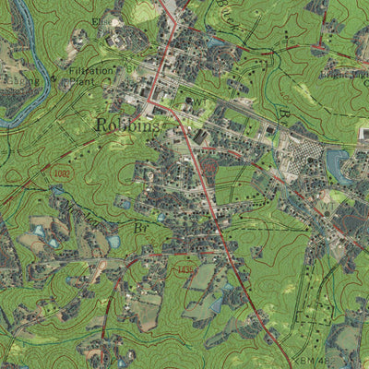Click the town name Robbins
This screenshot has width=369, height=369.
pyautogui.click(x=125, y=125)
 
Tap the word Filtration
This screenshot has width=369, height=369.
pyautogui.click(x=90, y=70)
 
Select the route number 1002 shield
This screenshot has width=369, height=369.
pyautogui.click(x=61, y=172)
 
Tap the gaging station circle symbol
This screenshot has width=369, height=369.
pyautogui.click(x=65, y=81)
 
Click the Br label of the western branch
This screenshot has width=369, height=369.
pyautogui.click(x=140, y=224)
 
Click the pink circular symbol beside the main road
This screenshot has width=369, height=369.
pyautogui.click(x=209, y=170)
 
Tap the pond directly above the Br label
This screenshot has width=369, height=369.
pyautogui.click(x=125, y=201)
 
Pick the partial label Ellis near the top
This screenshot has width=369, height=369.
pyautogui.click(x=101, y=20)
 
